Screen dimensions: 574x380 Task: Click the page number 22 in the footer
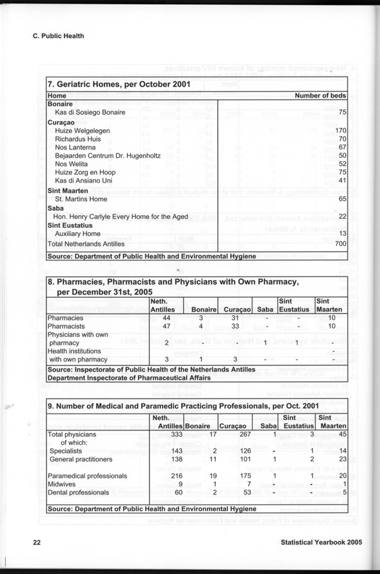tap(36, 542)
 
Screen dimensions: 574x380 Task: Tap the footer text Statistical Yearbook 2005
tap(321, 542)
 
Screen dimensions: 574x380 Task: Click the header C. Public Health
tap(58, 36)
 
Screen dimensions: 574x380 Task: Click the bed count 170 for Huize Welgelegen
tap(340, 130)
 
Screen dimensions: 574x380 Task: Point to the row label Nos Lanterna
tap(75, 147)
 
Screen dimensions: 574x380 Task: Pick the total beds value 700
tap(340, 244)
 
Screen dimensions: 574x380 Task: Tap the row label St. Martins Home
tap(81, 198)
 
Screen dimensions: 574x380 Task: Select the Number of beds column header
tap(320, 95)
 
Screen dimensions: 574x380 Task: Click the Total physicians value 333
tap(176, 434)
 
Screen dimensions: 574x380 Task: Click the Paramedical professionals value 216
tap(176, 476)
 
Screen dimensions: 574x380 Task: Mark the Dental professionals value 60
tap(178, 493)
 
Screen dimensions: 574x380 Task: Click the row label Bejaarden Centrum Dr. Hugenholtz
tap(107, 156)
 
